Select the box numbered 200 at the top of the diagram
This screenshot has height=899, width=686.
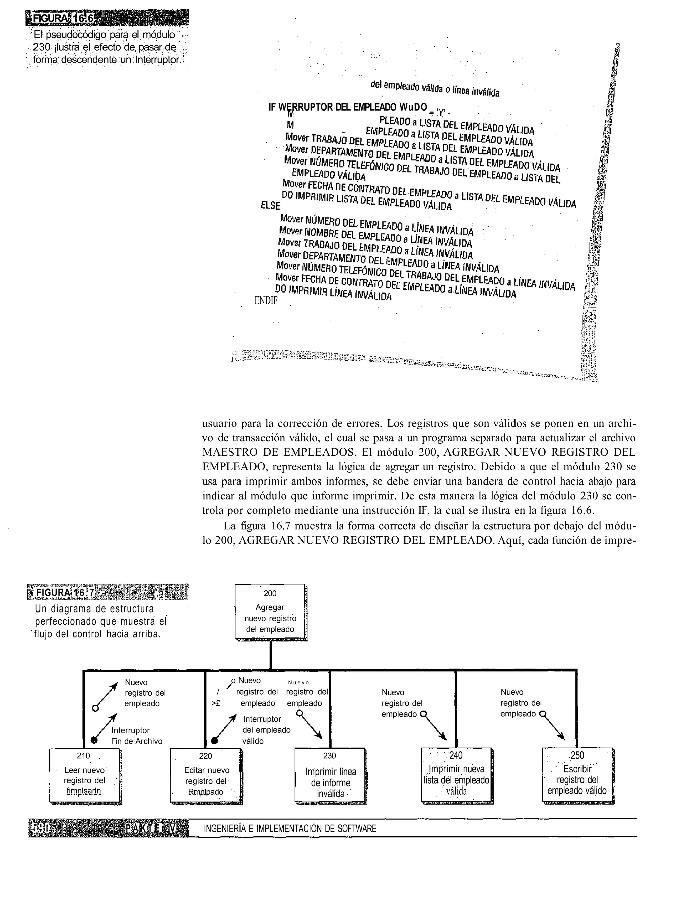tap(270, 611)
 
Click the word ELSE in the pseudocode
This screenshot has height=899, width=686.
tap(270, 205)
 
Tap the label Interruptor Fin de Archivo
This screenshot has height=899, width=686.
tap(136, 735)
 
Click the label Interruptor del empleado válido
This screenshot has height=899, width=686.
tap(266, 730)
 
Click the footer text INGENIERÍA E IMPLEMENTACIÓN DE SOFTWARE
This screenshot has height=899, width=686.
tap(290, 828)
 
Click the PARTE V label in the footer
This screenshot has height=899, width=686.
tap(151, 828)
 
